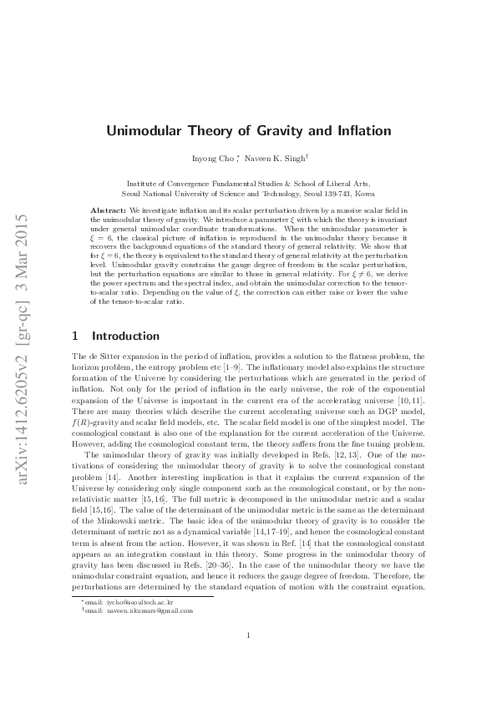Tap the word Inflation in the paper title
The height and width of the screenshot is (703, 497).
[x=362, y=131]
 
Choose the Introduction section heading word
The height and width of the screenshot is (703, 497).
[x=125, y=336]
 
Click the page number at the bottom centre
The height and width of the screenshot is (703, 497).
[x=249, y=659]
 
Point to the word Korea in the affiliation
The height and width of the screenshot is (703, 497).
[x=363, y=192]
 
